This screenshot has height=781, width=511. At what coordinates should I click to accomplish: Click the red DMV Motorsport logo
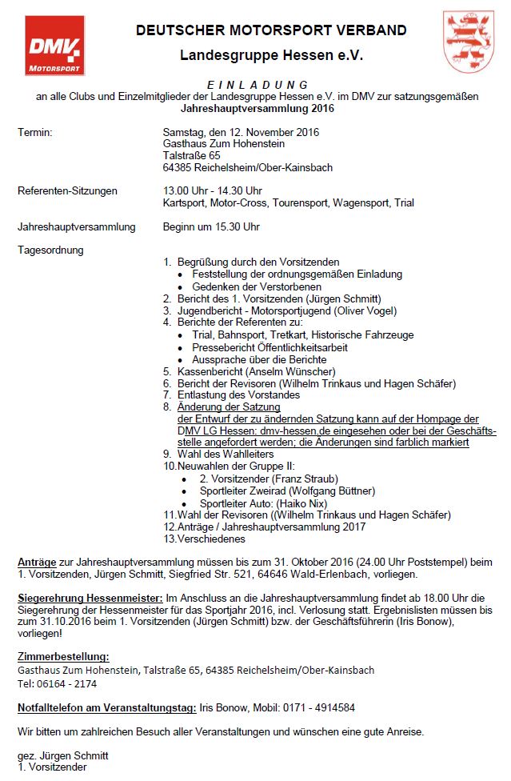click(54, 46)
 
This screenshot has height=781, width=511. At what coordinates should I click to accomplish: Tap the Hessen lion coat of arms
click(466, 41)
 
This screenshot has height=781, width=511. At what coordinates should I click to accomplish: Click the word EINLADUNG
click(256, 85)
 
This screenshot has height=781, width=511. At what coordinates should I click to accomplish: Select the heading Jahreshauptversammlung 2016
click(257, 108)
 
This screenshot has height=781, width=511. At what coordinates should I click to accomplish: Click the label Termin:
click(35, 132)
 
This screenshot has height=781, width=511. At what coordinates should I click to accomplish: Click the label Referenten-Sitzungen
click(67, 190)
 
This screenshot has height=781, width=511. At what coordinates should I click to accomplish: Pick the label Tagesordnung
click(50, 250)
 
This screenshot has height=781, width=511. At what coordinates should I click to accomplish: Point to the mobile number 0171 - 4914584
click(315, 707)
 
